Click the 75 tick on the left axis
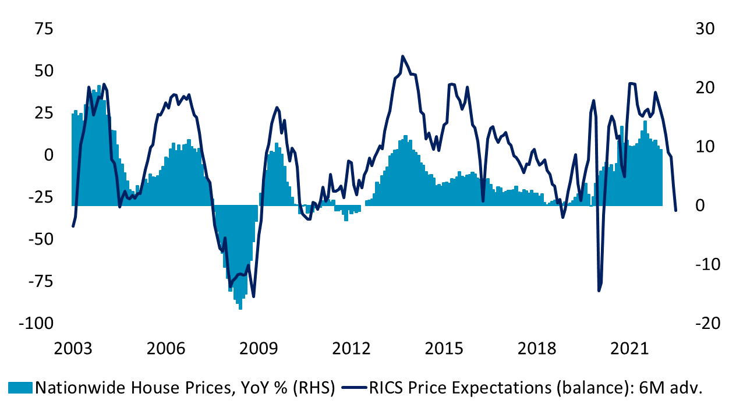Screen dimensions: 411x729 41,29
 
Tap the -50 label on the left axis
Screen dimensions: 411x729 38,239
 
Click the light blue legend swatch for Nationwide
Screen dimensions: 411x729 21,388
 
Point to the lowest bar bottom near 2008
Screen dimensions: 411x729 240,309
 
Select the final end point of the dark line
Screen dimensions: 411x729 675,210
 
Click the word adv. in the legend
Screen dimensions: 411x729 687,388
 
